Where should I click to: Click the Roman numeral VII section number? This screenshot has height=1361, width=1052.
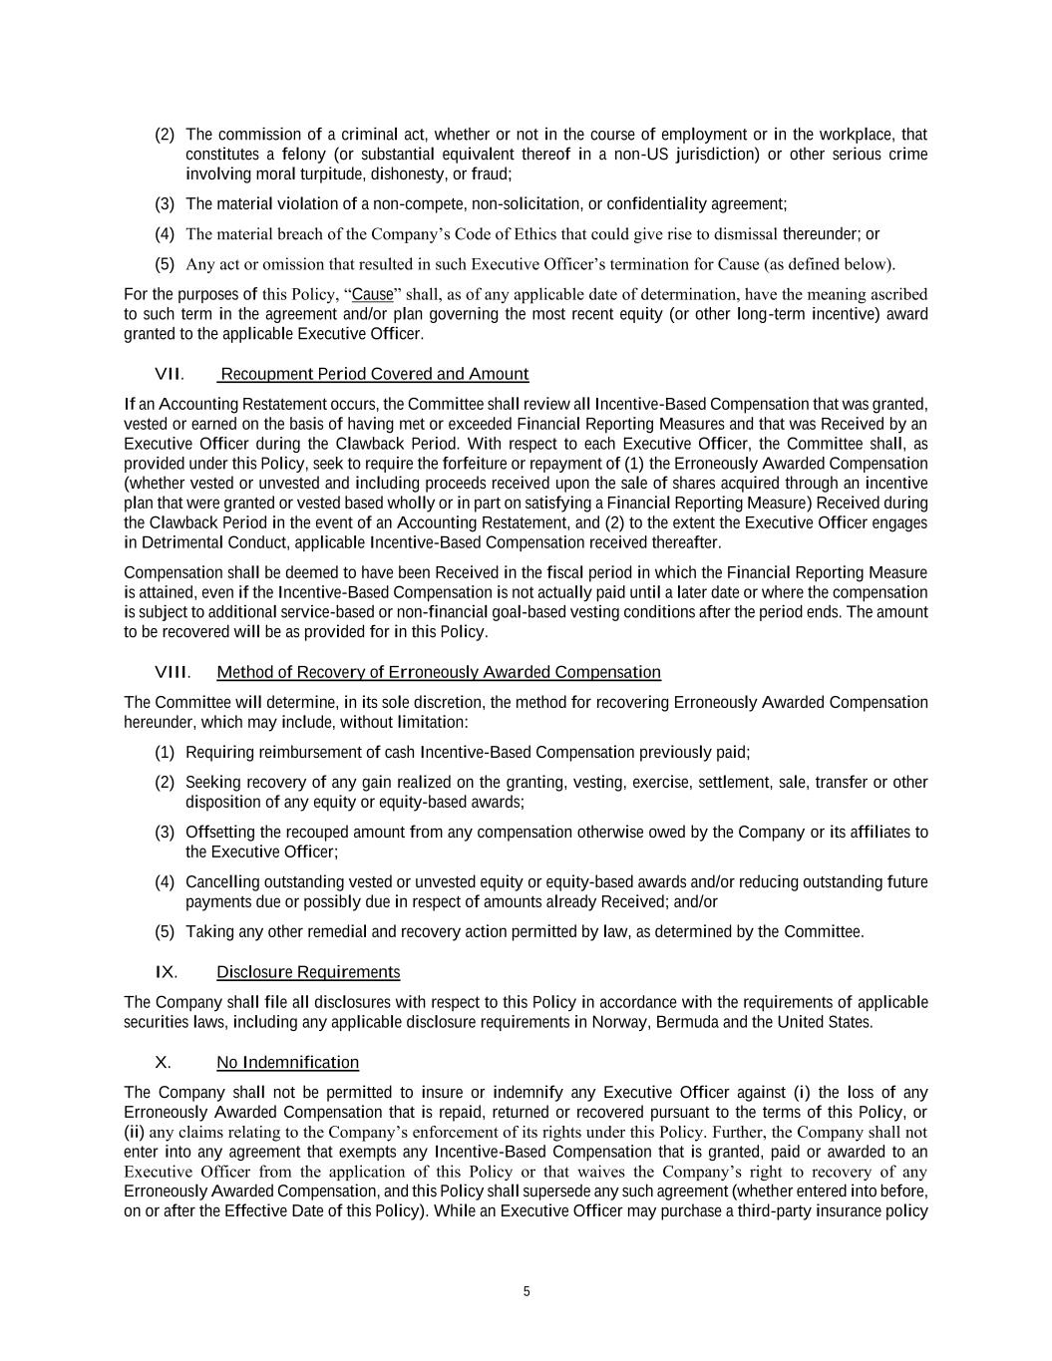pyautogui.click(x=169, y=374)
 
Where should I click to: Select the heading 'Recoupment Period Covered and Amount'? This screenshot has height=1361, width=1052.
pyautogui.click(x=374, y=374)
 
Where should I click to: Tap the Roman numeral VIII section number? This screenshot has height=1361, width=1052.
pyautogui.click(x=173, y=673)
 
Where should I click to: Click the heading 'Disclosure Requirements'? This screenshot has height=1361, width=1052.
pyautogui.click(x=308, y=972)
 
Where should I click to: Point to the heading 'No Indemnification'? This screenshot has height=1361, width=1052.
pyautogui.click(x=287, y=1062)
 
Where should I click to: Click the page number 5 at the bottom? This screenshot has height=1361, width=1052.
pyautogui.click(x=526, y=1292)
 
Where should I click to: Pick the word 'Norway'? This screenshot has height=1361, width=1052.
pyautogui.click(x=621, y=1022)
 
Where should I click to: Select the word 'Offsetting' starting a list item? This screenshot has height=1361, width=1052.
pyautogui.click(x=221, y=833)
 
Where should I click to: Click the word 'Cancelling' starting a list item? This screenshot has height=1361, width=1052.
pyautogui.click(x=222, y=882)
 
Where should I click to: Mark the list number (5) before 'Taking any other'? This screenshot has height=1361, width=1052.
pyautogui.click(x=165, y=932)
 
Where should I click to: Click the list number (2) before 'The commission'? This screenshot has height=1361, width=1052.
pyautogui.click(x=165, y=135)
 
